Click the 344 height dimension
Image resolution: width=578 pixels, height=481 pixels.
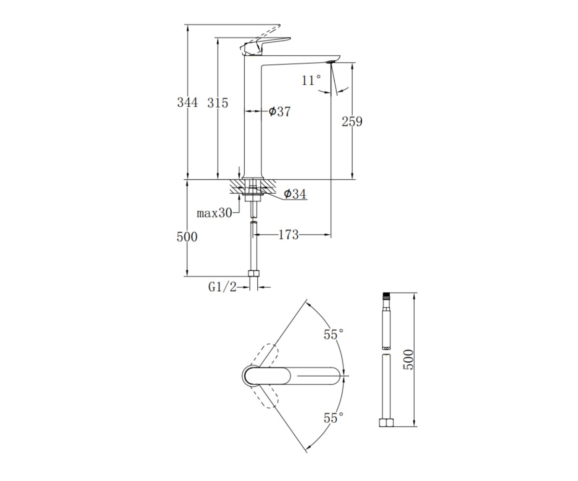(187, 102)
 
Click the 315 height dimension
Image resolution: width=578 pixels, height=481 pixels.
(218, 103)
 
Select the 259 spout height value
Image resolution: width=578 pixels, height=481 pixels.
(352, 122)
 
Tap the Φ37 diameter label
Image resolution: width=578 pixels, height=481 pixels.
(279, 112)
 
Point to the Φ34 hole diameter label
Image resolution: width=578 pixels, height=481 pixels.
(295, 194)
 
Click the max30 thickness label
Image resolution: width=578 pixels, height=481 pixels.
(214, 213)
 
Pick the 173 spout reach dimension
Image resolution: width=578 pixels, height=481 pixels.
(288, 235)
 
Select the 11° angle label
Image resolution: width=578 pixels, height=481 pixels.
(311, 80)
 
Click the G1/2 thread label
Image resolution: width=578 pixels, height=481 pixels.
(222, 287)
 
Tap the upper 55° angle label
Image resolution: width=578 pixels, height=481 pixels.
(334, 334)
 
